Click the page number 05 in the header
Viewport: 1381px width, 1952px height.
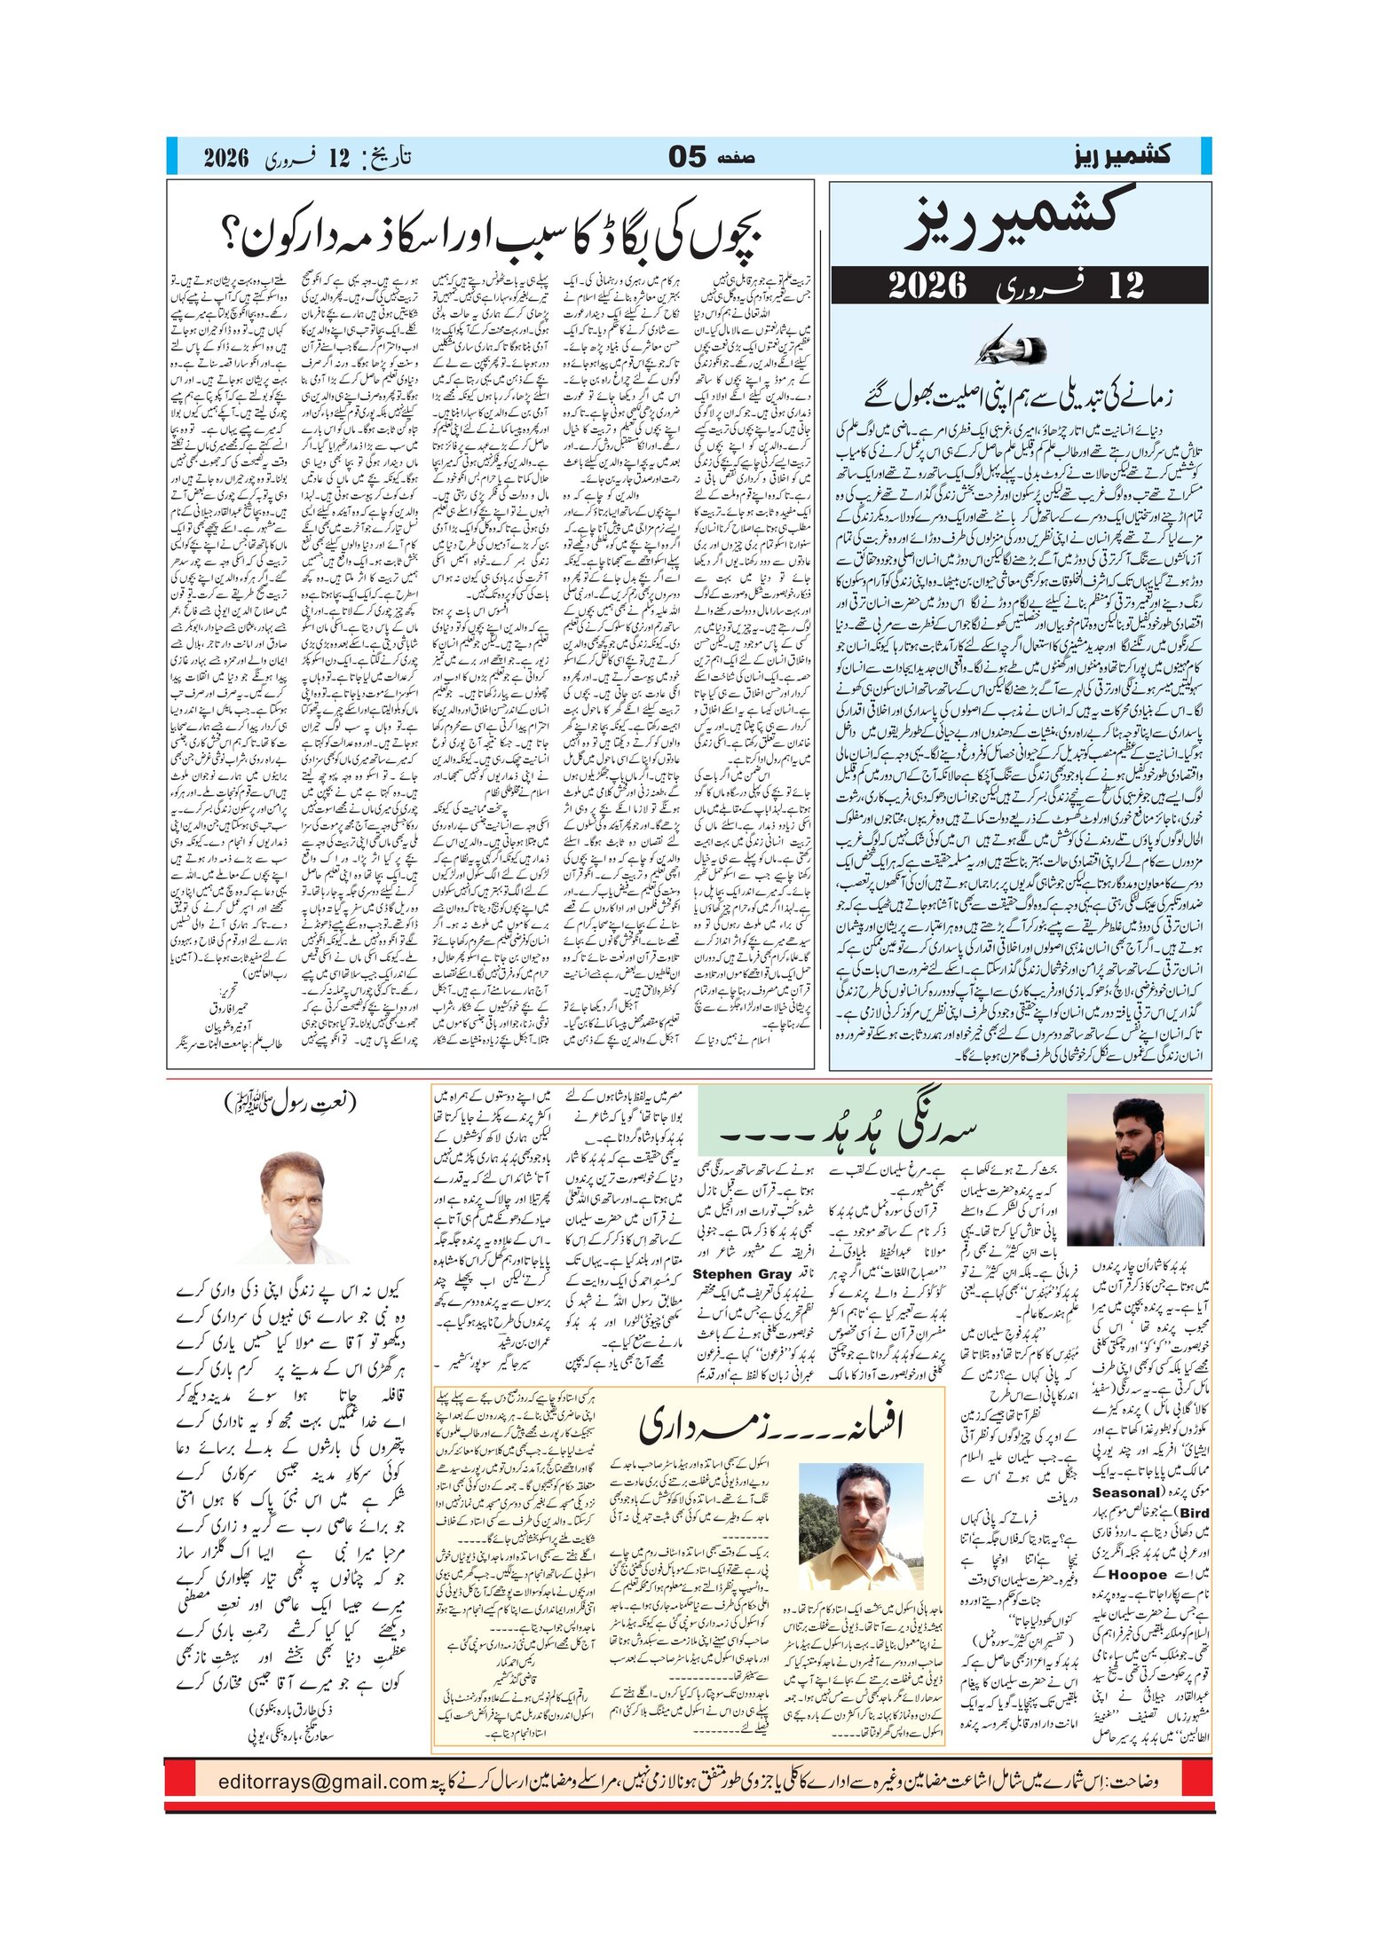(x=687, y=157)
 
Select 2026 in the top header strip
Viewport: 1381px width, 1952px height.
(x=225, y=158)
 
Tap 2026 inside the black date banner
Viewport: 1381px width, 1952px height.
(x=927, y=285)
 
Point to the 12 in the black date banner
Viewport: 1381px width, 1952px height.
(x=1125, y=285)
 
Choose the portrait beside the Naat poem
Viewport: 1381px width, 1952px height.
(x=293, y=1207)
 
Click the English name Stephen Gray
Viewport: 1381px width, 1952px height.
(x=741, y=1274)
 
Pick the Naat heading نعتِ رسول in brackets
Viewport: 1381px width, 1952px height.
(x=289, y=1103)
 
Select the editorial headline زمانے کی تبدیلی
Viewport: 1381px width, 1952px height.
(x=1020, y=395)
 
